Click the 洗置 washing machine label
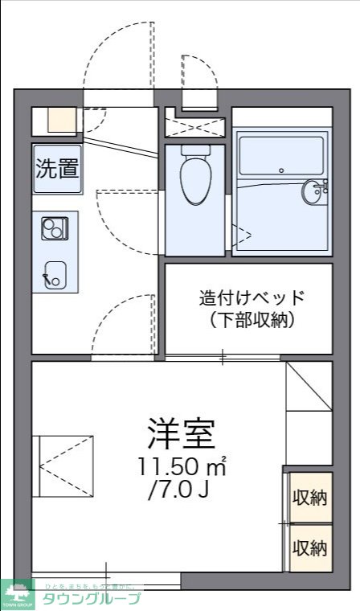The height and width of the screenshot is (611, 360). [x=56, y=169]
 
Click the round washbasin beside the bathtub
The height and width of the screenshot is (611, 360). [x=314, y=191]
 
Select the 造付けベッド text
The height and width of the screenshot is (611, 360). [x=252, y=297]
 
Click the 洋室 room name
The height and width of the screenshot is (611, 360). [x=181, y=434]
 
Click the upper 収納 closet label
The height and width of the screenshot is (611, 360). [x=309, y=498]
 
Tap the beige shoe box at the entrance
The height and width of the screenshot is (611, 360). [x=59, y=121]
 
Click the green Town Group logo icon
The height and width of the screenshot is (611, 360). [x=18, y=595]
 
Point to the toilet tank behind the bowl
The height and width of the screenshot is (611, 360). [x=195, y=150]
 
